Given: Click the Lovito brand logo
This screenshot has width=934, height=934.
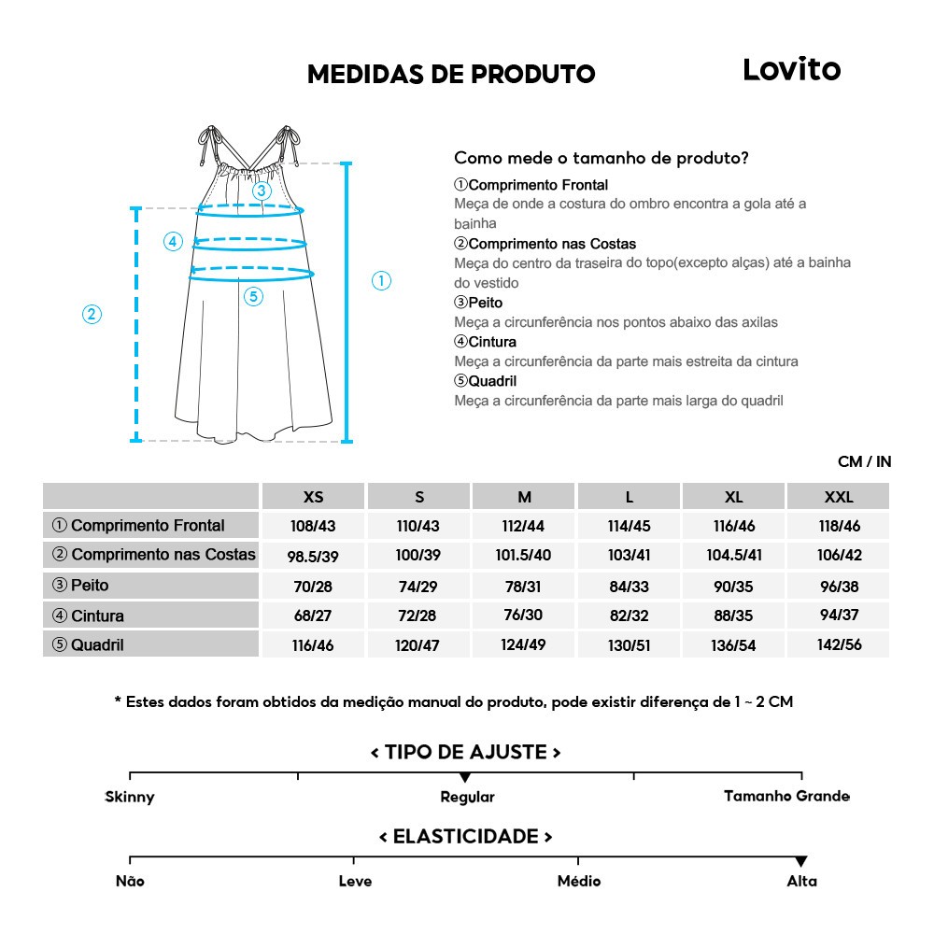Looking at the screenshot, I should (791, 69).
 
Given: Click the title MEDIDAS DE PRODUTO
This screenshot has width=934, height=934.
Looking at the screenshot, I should (451, 75).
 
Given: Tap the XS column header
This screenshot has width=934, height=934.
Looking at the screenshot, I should (314, 497).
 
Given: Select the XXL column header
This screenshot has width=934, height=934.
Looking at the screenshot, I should (839, 497).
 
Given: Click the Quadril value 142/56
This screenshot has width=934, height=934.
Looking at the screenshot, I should (839, 644).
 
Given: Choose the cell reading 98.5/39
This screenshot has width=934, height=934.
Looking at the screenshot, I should (313, 556).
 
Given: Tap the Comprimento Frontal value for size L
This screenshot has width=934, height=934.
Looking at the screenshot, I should (629, 526).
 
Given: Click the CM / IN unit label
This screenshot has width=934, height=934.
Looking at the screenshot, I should (864, 461).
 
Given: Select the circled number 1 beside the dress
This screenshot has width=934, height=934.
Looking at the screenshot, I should (381, 280).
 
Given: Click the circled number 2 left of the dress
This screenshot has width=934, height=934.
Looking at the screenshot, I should (92, 314).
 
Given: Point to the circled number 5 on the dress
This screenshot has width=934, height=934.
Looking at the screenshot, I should (254, 297).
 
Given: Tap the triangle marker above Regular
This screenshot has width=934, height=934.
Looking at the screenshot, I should (465, 777).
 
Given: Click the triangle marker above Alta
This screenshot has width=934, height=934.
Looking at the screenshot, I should (800, 861).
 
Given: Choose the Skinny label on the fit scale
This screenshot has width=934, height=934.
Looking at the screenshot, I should (130, 797).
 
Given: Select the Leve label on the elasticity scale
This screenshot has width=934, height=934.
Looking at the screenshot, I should (355, 881).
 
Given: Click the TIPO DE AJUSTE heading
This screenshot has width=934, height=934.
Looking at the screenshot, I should (465, 752).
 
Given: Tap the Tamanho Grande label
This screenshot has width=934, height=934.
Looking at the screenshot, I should (786, 796).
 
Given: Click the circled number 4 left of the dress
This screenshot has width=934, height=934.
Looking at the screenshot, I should (173, 242).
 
